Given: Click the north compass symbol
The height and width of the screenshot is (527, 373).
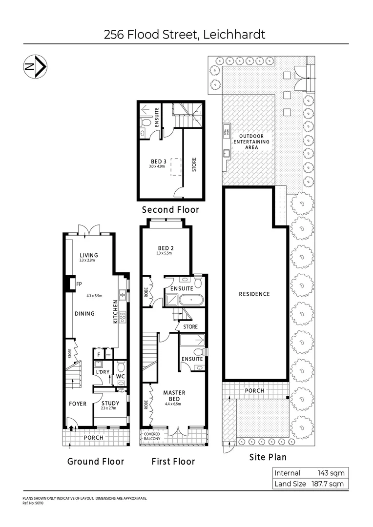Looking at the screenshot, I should [x=35, y=68].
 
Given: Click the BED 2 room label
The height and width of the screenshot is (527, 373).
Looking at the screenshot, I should [x=165, y=247].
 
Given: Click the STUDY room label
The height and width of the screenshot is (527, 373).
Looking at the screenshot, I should [x=110, y=403].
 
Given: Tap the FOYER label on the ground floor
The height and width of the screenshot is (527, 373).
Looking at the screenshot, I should [x=78, y=404].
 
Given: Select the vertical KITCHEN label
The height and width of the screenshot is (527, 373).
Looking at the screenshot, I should [x=116, y=313].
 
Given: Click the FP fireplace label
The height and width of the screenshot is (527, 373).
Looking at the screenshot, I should [x=79, y=284].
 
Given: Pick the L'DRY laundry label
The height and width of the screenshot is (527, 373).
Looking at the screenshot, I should [x=102, y=372].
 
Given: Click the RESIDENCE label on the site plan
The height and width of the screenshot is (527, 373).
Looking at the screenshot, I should [x=254, y=294].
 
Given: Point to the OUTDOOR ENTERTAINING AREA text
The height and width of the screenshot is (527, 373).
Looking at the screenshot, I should [x=251, y=142].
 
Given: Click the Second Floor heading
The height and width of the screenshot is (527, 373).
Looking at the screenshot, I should [x=170, y=210].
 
